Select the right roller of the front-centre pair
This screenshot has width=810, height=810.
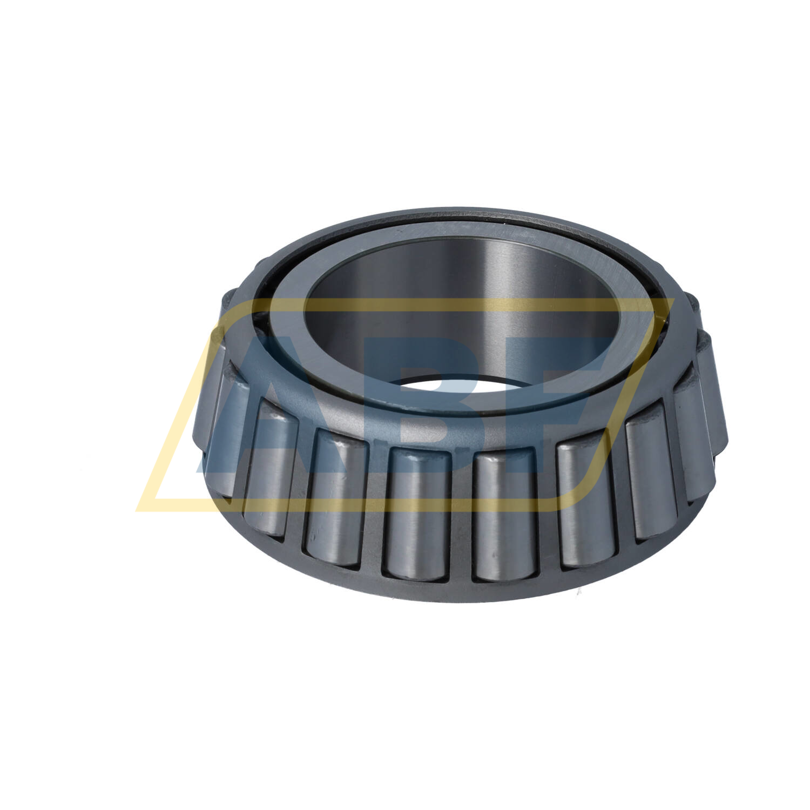click(x=505, y=516)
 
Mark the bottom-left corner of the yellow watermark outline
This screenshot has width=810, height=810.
click(x=138, y=510)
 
